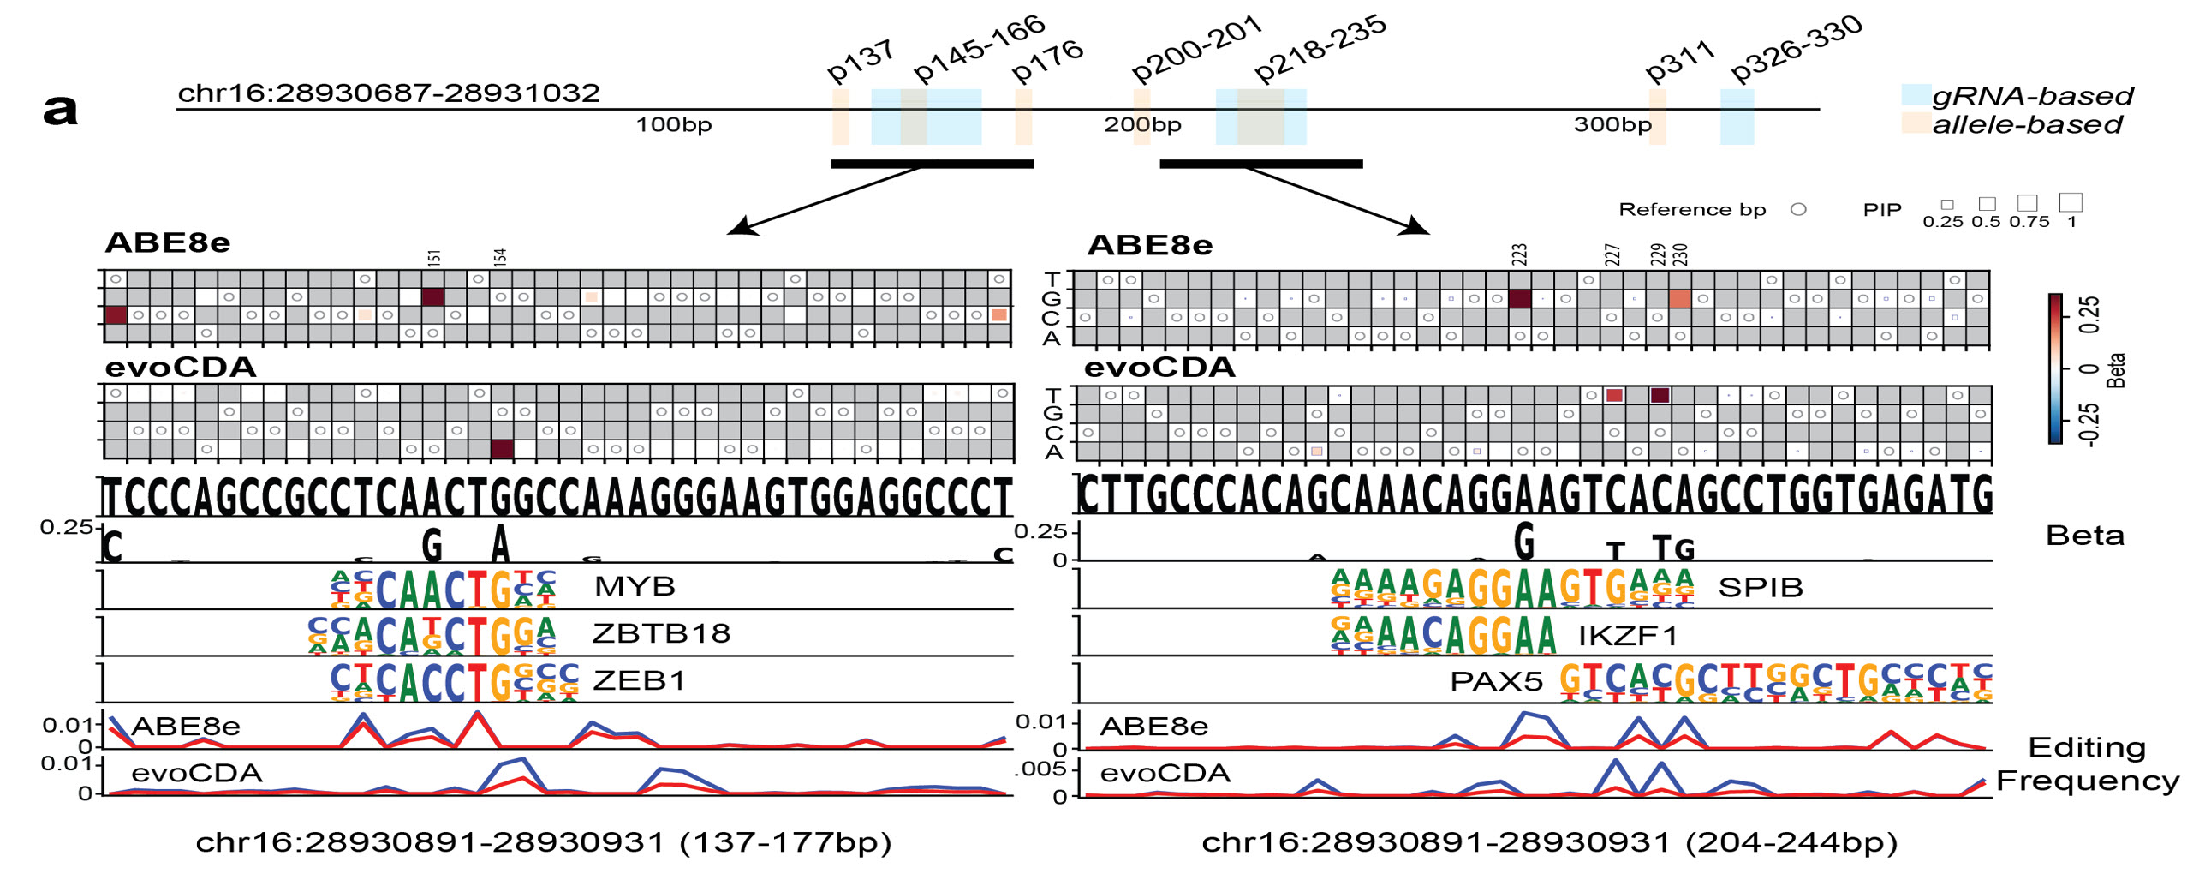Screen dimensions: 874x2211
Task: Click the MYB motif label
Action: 635,587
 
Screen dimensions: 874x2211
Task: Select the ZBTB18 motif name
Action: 661,633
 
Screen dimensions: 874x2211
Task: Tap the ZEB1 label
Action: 640,681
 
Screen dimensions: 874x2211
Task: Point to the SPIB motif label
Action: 1761,588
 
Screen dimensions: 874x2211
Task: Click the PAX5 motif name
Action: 1496,682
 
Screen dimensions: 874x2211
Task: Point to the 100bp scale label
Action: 674,125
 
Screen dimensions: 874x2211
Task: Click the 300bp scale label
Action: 1612,125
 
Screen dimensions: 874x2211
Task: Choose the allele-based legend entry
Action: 2026,125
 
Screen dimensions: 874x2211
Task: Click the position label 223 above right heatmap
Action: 1519,255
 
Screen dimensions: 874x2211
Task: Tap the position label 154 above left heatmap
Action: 500,256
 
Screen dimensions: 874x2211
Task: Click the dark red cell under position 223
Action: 1519,299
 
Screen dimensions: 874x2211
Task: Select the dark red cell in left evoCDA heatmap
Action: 502,449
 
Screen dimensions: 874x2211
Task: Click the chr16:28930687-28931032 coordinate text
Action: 388,93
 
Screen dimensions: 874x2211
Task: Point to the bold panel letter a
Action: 60,110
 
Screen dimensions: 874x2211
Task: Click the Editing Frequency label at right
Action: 2088,764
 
